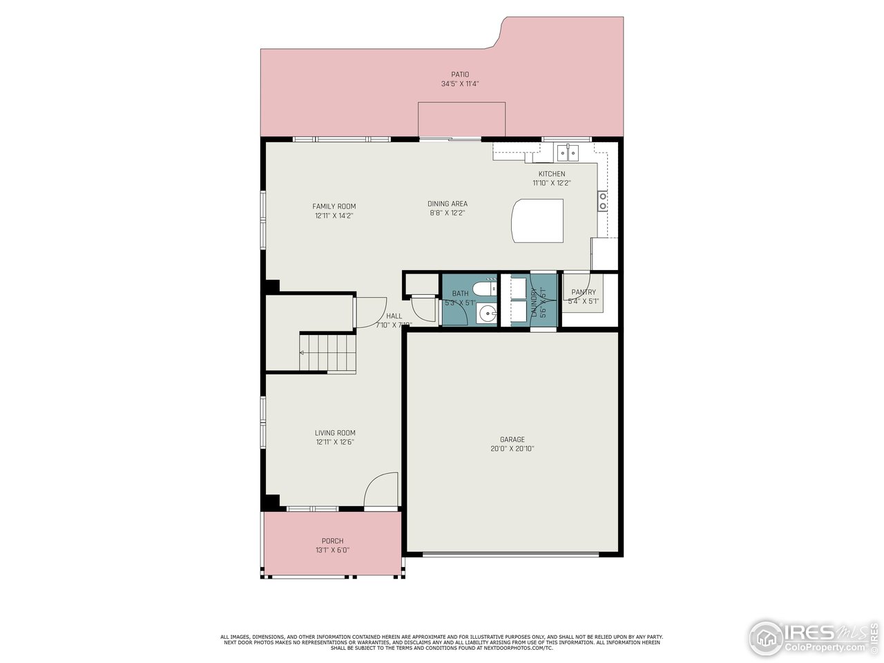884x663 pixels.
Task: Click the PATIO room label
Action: pyautogui.click(x=460, y=75)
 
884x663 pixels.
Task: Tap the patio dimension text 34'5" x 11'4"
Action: pyautogui.click(x=460, y=84)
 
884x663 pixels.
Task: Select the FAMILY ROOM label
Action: pyautogui.click(x=334, y=206)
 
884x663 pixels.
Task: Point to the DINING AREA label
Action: pyautogui.click(x=448, y=204)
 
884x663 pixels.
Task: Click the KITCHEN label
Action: pyautogui.click(x=552, y=174)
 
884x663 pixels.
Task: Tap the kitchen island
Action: pyautogui.click(x=537, y=220)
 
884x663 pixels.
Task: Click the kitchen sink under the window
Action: pyautogui.click(x=568, y=151)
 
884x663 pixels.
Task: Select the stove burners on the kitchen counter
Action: pyautogui.click(x=603, y=201)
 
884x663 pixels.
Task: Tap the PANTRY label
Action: pyautogui.click(x=584, y=292)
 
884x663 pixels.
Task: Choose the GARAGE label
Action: pyautogui.click(x=512, y=439)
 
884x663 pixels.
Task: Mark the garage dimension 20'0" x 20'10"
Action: pyautogui.click(x=512, y=448)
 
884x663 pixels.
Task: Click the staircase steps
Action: pyautogui.click(x=328, y=353)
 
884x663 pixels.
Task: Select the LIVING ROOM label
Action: pyautogui.click(x=335, y=433)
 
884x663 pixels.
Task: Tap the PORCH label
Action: pyautogui.click(x=332, y=541)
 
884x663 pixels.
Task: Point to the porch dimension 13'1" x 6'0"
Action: pyautogui.click(x=332, y=550)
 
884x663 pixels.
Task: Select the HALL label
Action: pyautogui.click(x=394, y=316)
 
